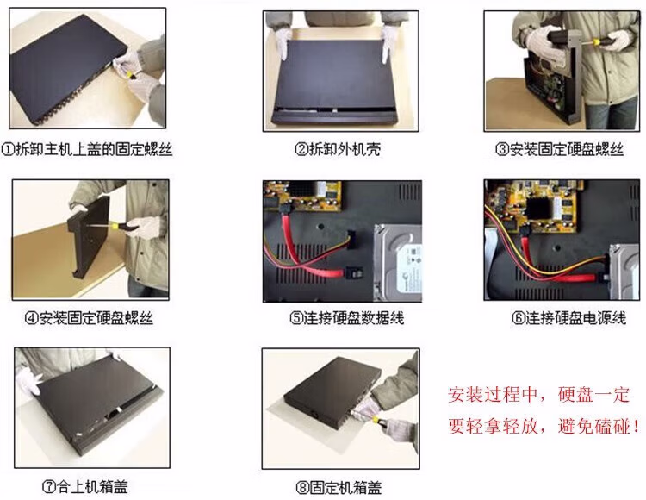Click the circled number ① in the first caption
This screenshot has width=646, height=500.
click(x=9, y=149)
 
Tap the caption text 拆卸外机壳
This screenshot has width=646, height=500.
click(x=345, y=149)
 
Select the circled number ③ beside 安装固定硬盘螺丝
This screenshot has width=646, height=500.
click(x=501, y=149)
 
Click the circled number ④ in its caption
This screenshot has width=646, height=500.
click(x=31, y=318)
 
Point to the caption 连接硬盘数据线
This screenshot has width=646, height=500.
click(x=353, y=318)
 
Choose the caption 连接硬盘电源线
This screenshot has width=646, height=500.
click(x=575, y=318)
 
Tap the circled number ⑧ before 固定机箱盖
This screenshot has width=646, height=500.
click(x=302, y=488)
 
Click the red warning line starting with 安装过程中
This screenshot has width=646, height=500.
click(x=538, y=395)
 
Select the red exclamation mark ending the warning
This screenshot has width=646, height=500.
click(x=637, y=426)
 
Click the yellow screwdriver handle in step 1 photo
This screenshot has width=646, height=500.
click(x=130, y=75)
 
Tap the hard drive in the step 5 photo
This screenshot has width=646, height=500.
click(x=397, y=263)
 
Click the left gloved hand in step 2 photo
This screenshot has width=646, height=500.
click(x=283, y=41)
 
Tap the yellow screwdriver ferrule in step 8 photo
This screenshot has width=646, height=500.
click(x=376, y=419)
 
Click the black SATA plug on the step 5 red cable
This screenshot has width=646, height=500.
click(x=353, y=273)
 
